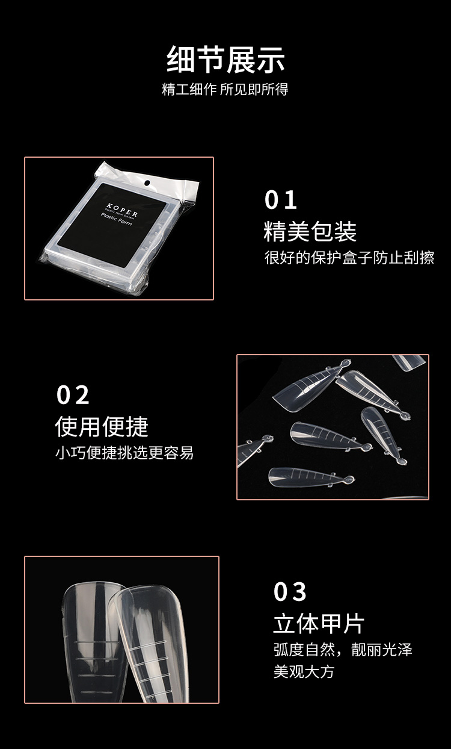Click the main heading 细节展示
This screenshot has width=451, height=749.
click(226, 60)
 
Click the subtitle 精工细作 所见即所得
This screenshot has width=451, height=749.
click(226, 89)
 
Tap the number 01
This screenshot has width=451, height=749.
click(281, 200)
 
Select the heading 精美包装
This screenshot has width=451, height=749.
click(310, 232)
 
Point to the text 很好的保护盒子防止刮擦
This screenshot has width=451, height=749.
click(349, 258)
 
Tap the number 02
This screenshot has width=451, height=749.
click(73, 396)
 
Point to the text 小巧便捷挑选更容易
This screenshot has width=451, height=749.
click(124, 453)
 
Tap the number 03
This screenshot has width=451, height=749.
click(290, 592)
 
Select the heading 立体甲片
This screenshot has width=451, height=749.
click(319, 624)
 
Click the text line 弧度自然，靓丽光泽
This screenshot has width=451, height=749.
click(343, 650)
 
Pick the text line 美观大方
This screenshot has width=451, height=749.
click(304, 671)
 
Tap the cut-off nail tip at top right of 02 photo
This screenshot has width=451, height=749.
click(409, 361)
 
